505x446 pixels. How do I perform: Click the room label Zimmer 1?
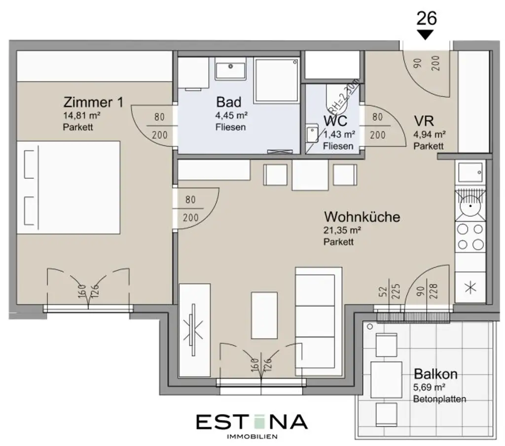93,103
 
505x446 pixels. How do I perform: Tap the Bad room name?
229,102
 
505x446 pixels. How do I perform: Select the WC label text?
336,121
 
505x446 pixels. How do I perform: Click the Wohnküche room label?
361,217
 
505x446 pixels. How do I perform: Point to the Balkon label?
435,374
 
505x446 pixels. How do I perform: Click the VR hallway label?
424,121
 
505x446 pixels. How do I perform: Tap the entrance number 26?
427,18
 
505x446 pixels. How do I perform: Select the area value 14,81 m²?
82,117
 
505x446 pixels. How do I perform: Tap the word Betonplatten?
439,399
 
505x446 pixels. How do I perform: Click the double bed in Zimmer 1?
69,187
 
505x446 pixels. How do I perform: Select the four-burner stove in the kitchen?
470,237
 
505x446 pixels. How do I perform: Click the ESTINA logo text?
252,422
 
